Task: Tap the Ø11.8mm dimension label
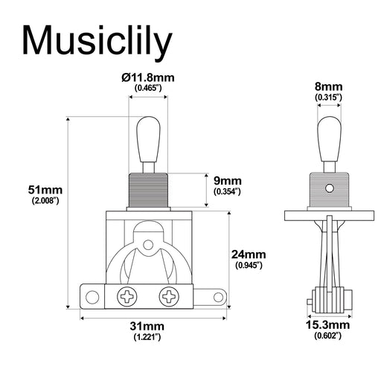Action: (x=149, y=77)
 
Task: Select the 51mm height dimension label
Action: (x=45, y=190)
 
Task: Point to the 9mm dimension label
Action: (x=227, y=180)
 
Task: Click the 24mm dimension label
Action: (x=249, y=254)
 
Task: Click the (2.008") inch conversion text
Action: (x=45, y=201)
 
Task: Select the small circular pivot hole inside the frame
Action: (x=149, y=243)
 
